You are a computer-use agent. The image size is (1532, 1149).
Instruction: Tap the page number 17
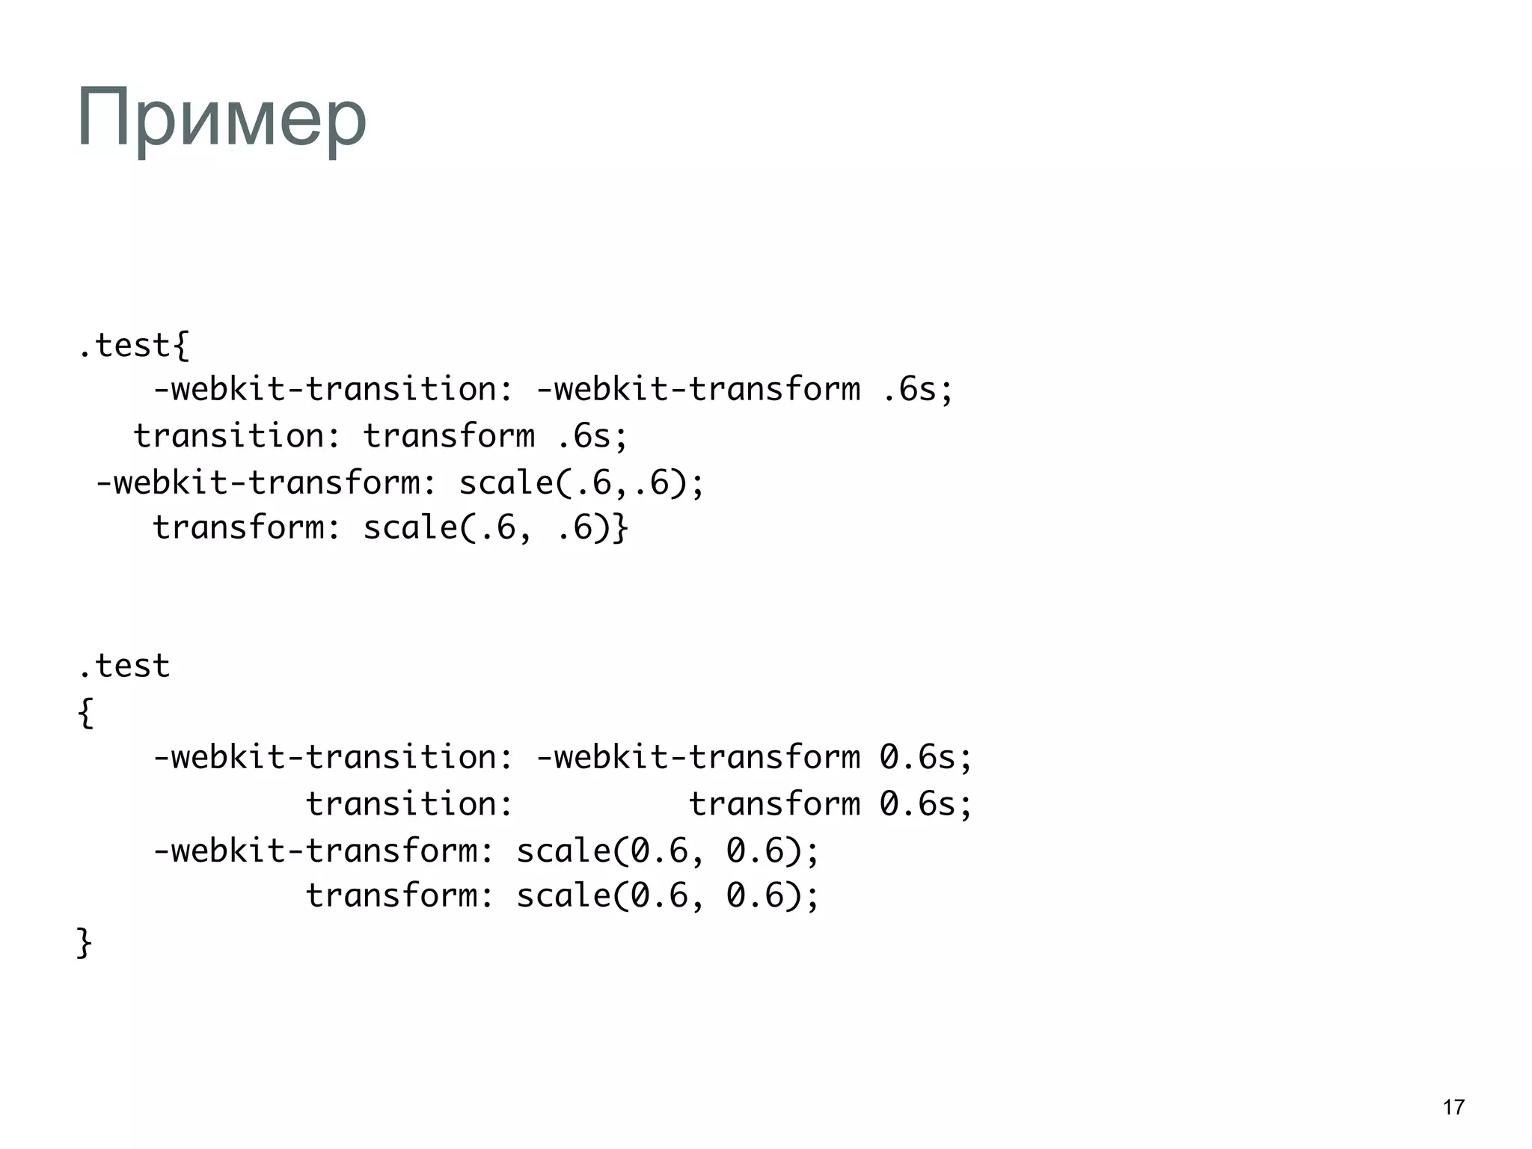point(1453,1107)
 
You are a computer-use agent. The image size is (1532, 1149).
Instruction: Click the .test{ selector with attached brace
point(135,346)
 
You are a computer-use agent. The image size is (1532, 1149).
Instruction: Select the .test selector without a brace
point(124,666)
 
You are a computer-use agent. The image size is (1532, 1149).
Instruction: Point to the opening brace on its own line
point(85,712)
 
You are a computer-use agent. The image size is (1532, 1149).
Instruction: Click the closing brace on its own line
point(84,943)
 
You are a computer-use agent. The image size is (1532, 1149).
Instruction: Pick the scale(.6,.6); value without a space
point(581,482)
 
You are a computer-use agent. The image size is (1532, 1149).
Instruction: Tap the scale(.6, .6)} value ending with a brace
point(496,528)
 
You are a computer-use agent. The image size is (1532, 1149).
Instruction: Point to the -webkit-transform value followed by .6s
point(699,390)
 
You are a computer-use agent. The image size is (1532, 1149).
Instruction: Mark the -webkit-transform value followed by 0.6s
point(699,758)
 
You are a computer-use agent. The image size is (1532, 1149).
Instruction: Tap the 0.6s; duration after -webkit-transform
point(926,758)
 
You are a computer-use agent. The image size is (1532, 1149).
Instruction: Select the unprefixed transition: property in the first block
point(238,436)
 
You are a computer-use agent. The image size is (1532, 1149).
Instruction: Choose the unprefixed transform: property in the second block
point(400,895)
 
